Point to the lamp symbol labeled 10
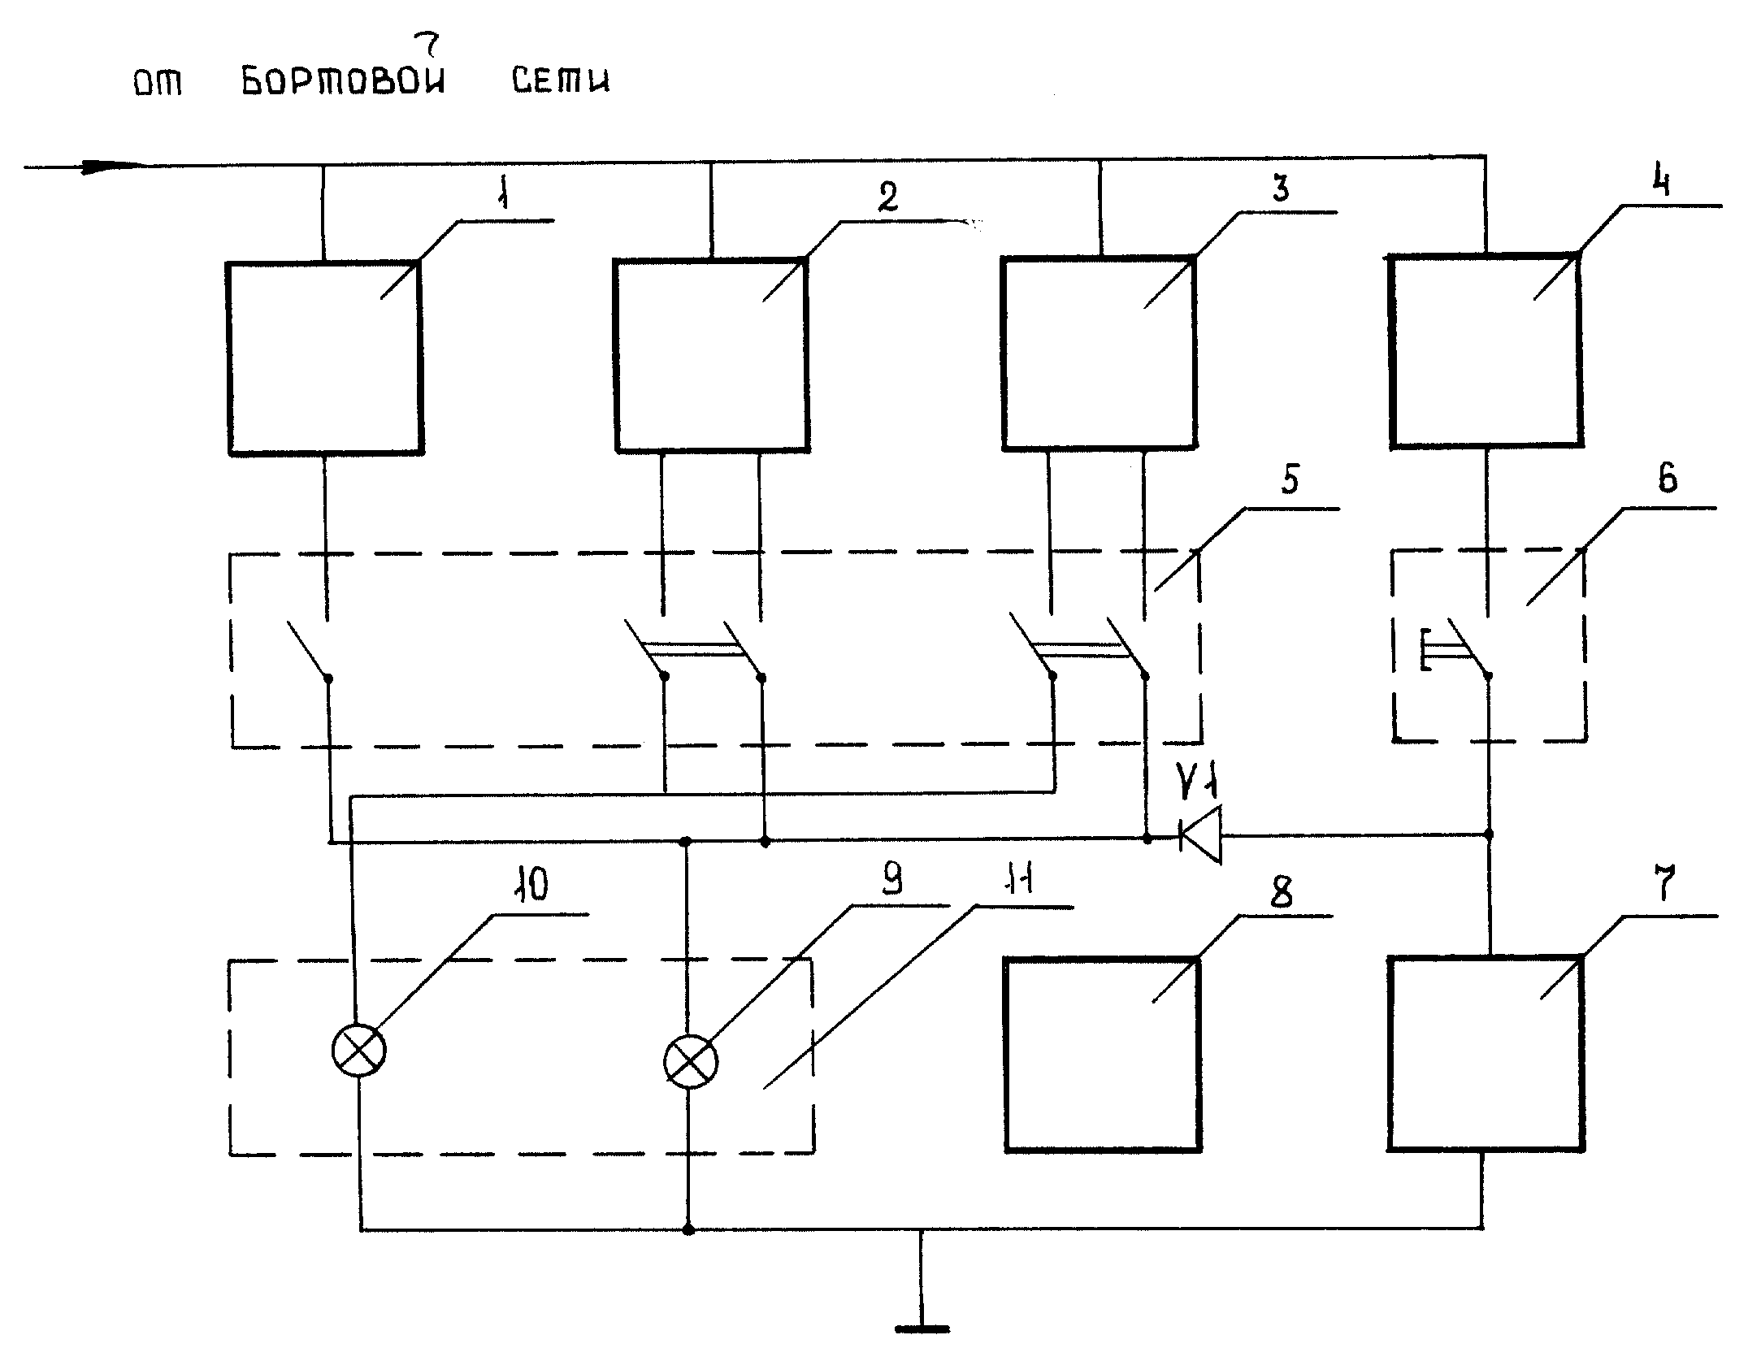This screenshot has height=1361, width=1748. point(359,1051)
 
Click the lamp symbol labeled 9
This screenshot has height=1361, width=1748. point(691,1062)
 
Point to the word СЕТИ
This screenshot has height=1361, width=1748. point(561,80)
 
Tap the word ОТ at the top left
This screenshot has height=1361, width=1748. point(158,83)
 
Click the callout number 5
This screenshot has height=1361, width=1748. point(1290,479)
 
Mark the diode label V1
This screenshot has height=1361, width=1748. point(1197,783)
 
